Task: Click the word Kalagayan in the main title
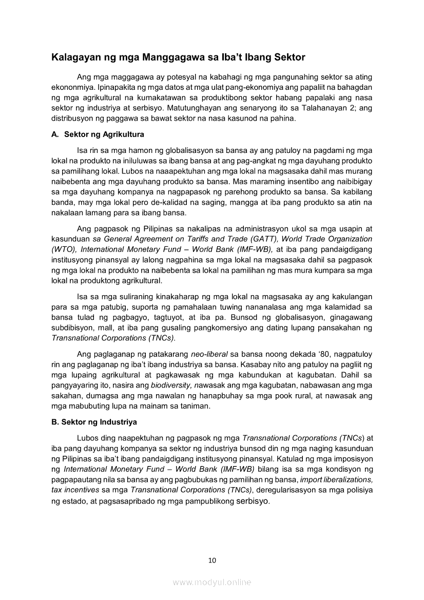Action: point(75,57)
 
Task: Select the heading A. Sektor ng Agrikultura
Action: point(98,134)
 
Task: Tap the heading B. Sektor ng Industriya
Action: point(94,422)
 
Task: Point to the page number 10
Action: point(212,560)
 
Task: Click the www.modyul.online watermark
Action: point(212,582)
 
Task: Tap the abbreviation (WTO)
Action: point(64,249)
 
